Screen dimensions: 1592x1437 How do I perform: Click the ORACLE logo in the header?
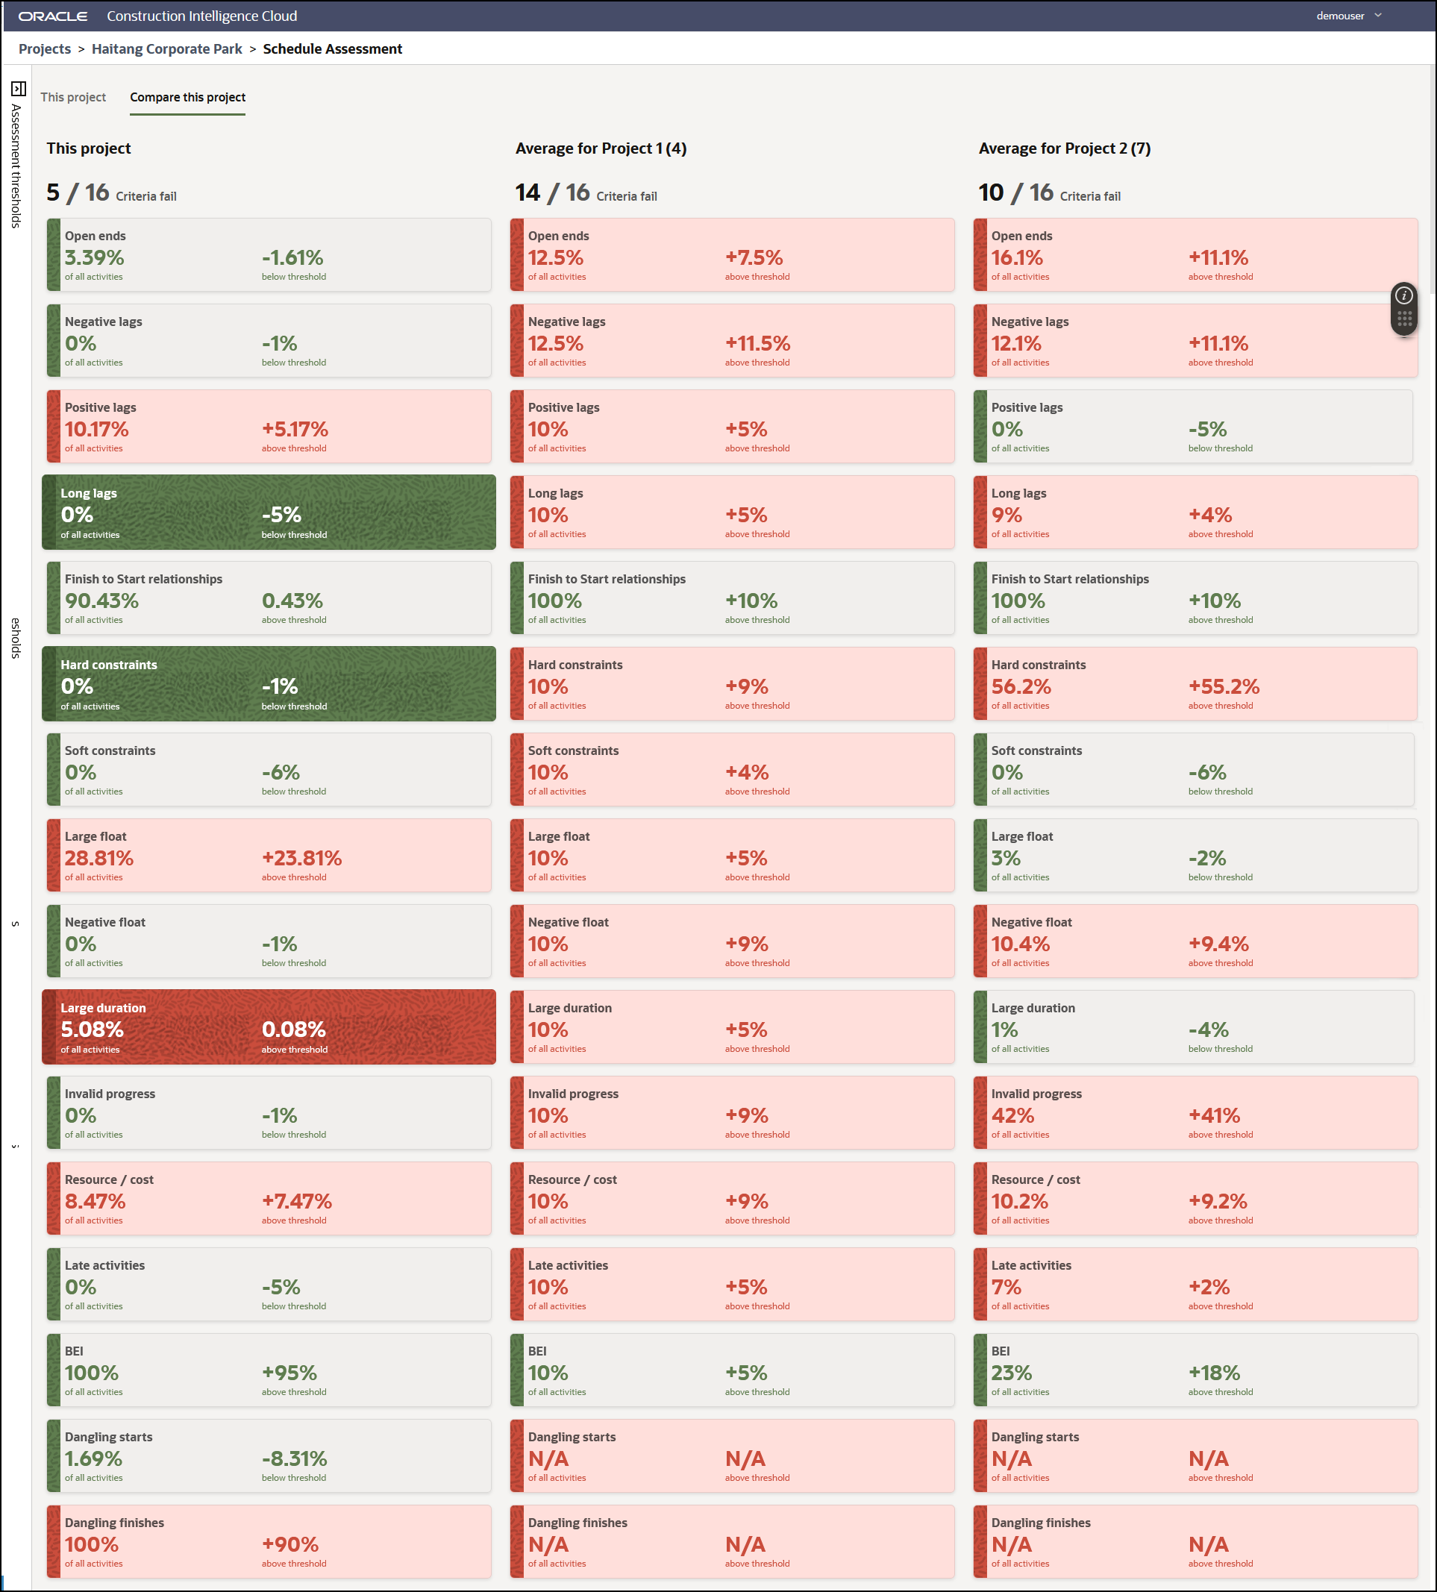pyautogui.click(x=53, y=16)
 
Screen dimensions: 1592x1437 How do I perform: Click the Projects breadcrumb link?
pyautogui.click(x=45, y=49)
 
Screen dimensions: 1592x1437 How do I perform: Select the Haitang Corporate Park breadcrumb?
pyautogui.click(x=166, y=49)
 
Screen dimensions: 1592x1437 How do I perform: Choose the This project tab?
pyautogui.click(x=73, y=97)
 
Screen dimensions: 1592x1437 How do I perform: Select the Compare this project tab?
pyautogui.click(x=188, y=97)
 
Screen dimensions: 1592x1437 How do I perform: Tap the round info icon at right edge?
pyautogui.click(x=1404, y=296)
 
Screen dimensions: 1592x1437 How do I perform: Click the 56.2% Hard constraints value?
pyautogui.click(x=1021, y=686)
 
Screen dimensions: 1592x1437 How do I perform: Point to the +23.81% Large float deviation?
pyautogui.click(x=301, y=858)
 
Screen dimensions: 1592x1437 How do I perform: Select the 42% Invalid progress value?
pyautogui.click(x=1012, y=1115)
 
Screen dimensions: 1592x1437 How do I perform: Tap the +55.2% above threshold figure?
pyautogui.click(x=1224, y=686)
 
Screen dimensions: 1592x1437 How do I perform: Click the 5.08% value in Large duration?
pyautogui.click(x=93, y=1030)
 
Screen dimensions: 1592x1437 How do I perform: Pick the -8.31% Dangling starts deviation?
pyautogui.click(x=295, y=1458)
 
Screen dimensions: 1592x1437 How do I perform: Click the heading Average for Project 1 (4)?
pyautogui.click(x=601, y=148)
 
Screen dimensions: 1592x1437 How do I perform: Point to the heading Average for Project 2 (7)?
pyautogui.click(x=1065, y=148)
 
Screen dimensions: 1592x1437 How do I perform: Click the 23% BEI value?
pyautogui.click(x=1012, y=1373)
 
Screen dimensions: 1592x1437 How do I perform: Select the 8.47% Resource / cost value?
pyautogui.click(x=96, y=1201)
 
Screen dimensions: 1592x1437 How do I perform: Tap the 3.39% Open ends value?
pyautogui.click(x=95, y=257)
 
